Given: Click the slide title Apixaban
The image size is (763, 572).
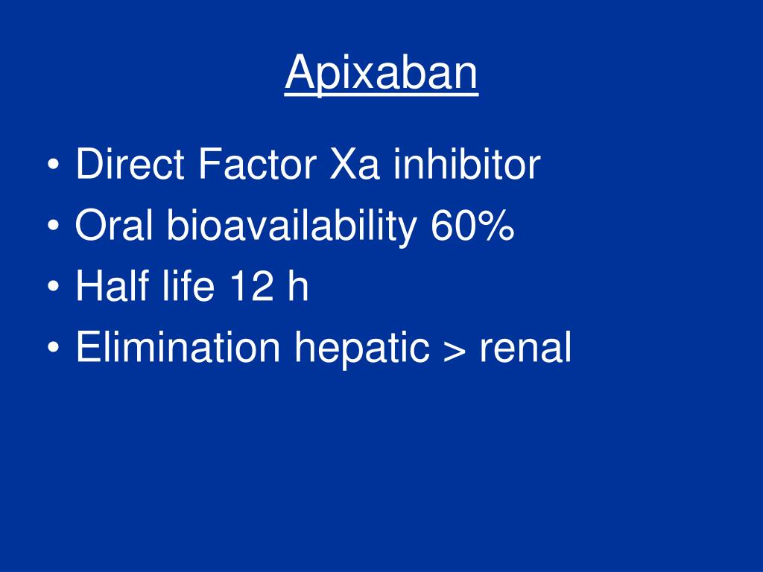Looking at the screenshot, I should (381, 73).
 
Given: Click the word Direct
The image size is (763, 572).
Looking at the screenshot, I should (130, 165).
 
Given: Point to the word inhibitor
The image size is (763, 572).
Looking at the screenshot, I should (466, 165).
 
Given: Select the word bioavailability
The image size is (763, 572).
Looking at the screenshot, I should (291, 227).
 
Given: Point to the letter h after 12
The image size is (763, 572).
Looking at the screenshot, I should (299, 287).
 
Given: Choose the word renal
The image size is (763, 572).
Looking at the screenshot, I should (525, 348).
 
